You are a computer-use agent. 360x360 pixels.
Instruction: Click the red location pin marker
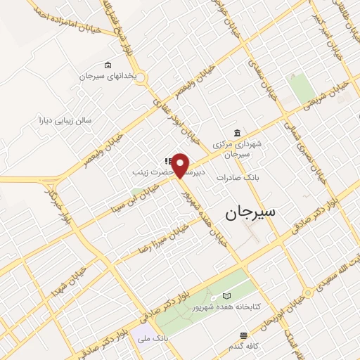pos(181,165)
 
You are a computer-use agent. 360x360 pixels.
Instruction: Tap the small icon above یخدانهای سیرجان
pos(107,65)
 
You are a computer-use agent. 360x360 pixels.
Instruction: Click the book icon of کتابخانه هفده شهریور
pos(226,296)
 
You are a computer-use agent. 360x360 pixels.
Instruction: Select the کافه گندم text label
pos(244,345)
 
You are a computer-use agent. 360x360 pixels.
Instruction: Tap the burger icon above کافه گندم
pos(244,335)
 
